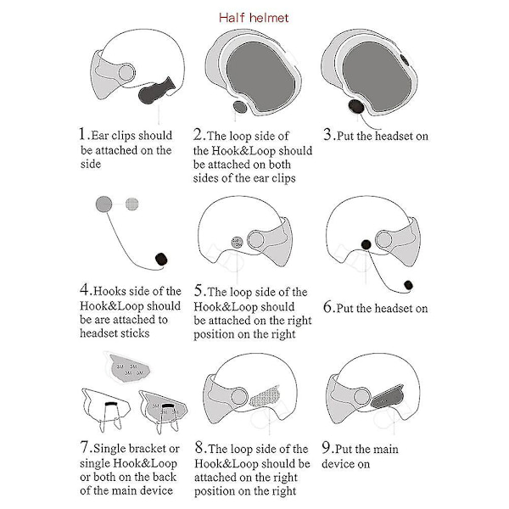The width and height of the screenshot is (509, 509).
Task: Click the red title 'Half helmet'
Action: click(x=254, y=18)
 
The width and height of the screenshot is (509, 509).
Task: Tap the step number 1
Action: click(x=82, y=133)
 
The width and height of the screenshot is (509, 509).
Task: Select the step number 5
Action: click(x=199, y=290)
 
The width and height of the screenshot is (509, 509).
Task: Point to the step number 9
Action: click(x=326, y=447)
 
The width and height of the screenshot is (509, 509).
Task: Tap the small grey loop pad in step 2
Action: click(x=240, y=107)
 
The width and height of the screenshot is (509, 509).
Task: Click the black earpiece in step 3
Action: click(x=355, y=107)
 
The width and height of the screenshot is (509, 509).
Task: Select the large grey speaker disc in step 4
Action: click(x=103, y=204)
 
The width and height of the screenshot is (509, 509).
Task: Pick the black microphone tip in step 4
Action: click(x=161, y=260)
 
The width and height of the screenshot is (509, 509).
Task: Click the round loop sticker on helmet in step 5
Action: click(x=237, y=242)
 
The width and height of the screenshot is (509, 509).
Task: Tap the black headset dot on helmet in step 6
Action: click(x=366, y=244)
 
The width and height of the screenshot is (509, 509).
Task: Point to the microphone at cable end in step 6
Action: click(x=408, y=285)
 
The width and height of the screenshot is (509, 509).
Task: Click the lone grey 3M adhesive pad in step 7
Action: click(x=130, y=369)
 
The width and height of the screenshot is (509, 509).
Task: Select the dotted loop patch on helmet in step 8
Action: click(x=265, y=396)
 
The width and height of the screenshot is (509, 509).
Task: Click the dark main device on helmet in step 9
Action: click(x=387, y=397)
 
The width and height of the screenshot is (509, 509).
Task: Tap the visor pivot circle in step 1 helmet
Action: click(x=126, y=73)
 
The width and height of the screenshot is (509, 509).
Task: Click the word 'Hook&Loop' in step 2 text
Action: click(x=243, y=151)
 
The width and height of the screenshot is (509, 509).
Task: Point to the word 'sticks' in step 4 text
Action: click(x=134, y=333)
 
